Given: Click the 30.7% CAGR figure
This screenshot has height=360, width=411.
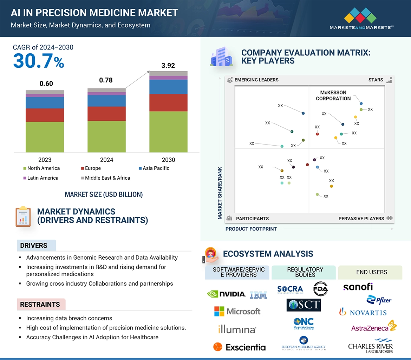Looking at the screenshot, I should (x=39, y=61).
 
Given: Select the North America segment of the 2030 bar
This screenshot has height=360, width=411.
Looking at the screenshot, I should (x=168, y=132).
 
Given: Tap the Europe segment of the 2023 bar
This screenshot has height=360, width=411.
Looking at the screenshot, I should (x=45, y=115).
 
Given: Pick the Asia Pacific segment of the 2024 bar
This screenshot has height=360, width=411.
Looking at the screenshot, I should (x=106, y=101).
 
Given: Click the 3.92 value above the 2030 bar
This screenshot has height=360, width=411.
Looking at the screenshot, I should (x=168, y=66).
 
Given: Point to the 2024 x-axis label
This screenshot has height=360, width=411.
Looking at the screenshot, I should (x=106, y=160).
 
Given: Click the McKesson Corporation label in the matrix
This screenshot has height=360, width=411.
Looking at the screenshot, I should (x=333, y=95).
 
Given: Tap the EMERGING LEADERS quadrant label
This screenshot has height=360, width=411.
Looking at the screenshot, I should (x=256, y=80).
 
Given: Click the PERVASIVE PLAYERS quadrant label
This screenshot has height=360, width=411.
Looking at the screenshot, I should (x=361, y=219).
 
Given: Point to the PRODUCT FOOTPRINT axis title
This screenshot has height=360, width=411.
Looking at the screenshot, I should (x=251, y=229).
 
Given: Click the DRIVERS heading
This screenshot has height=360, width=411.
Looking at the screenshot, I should (x=34, y=246).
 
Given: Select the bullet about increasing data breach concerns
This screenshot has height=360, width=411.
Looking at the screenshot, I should (x=69, y=318).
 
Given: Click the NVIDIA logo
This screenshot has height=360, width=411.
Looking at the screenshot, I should (x=227, y=294).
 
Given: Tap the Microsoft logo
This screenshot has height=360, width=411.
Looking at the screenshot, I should (x=237, y=311).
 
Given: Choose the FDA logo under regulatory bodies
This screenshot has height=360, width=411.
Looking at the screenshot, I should (x=320, y=289).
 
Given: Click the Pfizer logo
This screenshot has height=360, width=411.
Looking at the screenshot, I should (x=379, y=300).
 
